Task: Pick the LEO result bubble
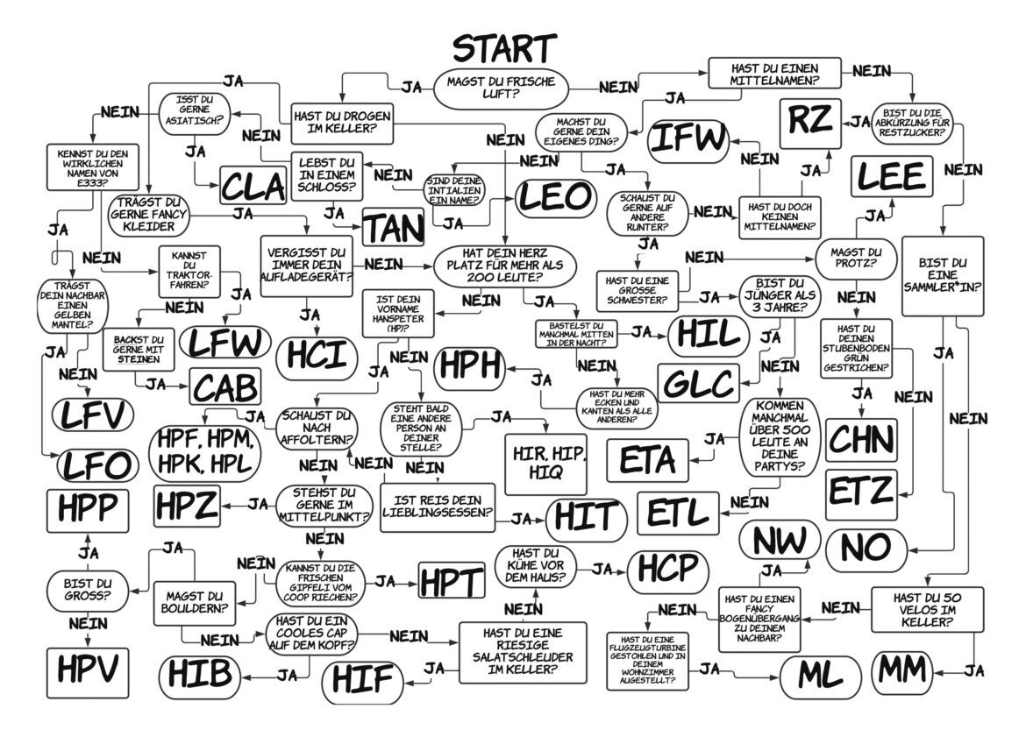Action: [554, 198]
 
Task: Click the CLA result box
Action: [253, 186]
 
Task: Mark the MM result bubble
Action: [903, 670]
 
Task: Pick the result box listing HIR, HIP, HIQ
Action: [545, 462]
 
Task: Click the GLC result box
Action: [697, 383]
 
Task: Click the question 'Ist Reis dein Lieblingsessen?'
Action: [437, 507]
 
